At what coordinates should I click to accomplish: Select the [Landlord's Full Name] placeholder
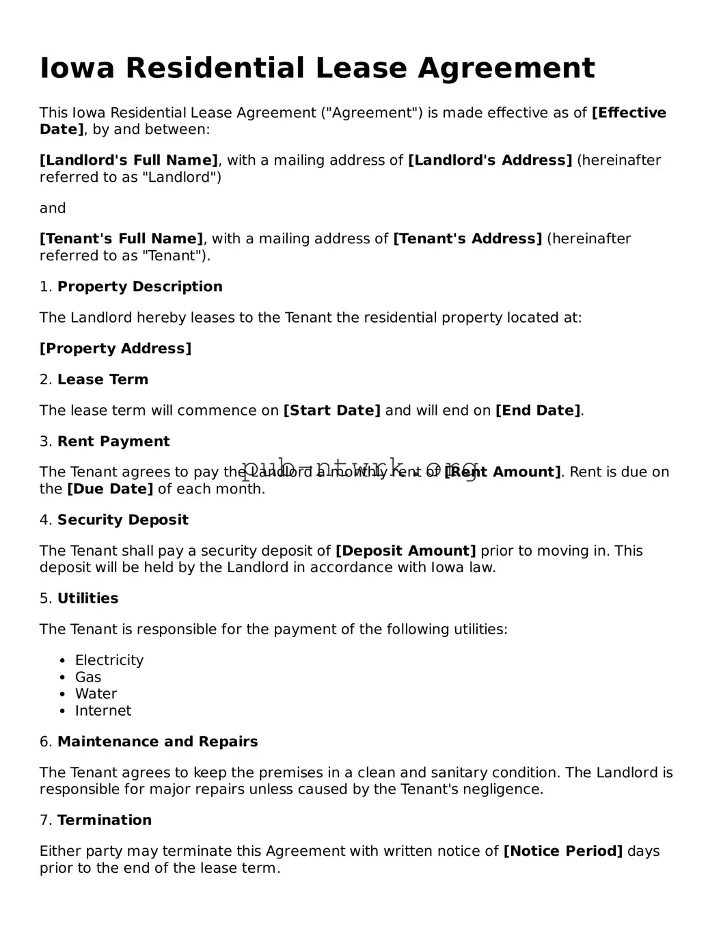128,161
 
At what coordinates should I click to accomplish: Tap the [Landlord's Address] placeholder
489,161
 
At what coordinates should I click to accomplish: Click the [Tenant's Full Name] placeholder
121,239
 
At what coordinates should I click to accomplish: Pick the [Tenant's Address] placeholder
467,239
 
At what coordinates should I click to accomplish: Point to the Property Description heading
139,287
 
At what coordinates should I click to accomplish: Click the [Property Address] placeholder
115,349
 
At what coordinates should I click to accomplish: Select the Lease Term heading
103,380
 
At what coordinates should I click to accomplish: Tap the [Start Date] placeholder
331,411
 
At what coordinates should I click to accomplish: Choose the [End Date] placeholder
538,411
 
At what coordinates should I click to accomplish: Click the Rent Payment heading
113,442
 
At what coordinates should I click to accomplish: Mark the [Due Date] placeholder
110,489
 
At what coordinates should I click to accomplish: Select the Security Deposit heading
122,520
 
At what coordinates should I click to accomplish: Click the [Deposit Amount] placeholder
405,551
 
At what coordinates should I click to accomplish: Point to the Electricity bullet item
109,660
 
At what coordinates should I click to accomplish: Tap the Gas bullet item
88,677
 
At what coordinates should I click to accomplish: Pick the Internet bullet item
103,711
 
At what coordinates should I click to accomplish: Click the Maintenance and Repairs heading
157,742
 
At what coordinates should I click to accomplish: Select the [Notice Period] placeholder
562,852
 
